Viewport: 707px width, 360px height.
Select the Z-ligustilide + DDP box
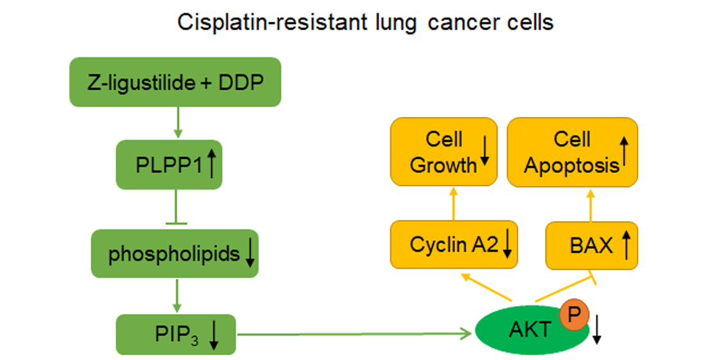point(175,82)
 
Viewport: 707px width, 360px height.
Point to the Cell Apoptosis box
point(573,152)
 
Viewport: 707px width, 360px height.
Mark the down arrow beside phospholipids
point(250,255)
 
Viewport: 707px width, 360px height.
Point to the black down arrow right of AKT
point(598,330)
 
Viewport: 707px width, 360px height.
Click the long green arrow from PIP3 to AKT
point(353,334)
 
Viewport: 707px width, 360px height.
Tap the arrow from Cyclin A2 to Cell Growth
point(452,204)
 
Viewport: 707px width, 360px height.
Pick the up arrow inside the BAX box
point(626,246)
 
